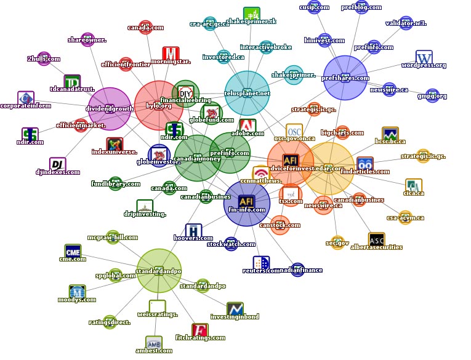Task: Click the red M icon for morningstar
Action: click(x=171, y=54)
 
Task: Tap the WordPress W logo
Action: click(x=424, y=58)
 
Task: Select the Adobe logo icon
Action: click(x=248, y=126)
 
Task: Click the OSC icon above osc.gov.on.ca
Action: click(x=294, y=131)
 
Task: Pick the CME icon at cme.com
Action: click(x=73, y=251)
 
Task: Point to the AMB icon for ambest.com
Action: click(x=154, y=343)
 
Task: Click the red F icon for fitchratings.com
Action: click(x=199, y=330)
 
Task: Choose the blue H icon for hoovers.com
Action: click(x=193, y=231)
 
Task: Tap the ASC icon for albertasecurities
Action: click(x=376, y=239)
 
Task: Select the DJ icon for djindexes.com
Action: click(x=57, y=165)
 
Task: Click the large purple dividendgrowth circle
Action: click(x=110, y=109)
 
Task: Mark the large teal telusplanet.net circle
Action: click(x=247, y=93)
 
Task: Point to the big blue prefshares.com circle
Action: click(x=345, y=78)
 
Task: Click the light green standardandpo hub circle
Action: click(x=159, y=271)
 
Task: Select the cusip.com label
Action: click(x=314, y=7)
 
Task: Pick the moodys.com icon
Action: click(x=77, y=292)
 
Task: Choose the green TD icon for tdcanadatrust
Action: click(x=72, y=81)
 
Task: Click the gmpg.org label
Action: click(x=432, y=96)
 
